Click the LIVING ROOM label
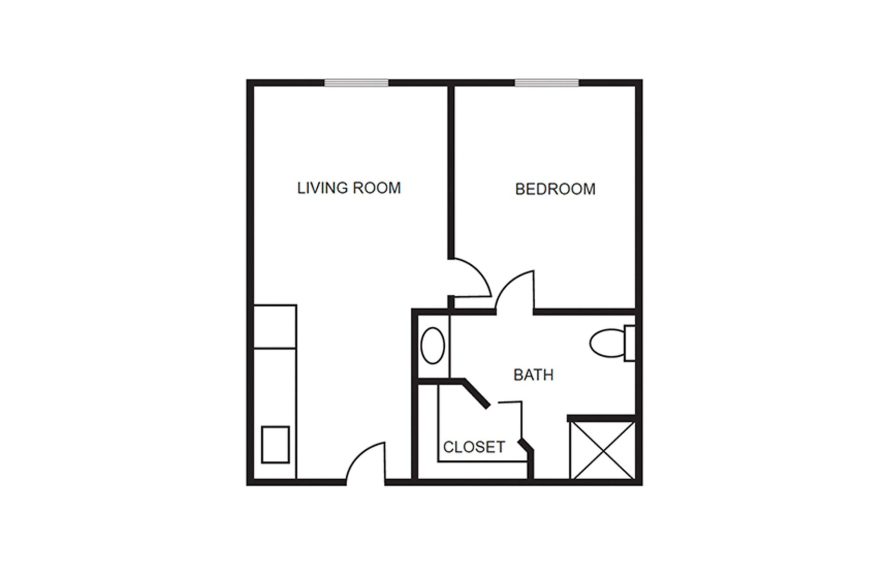[x=349, y=188]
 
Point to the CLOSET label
[x=474, y=447]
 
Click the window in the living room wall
[x=356, y=83]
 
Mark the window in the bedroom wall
[x=547, y=83]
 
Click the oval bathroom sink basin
[x=433, y=345]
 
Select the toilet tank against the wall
[x=630, y=343]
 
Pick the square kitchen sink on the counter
[x=275, y=444]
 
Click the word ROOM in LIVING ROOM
[x=377, y=188]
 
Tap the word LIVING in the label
[x=322, y=188]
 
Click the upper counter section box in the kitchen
[x=275, y=326]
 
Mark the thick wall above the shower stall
[x=601, y=418]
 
